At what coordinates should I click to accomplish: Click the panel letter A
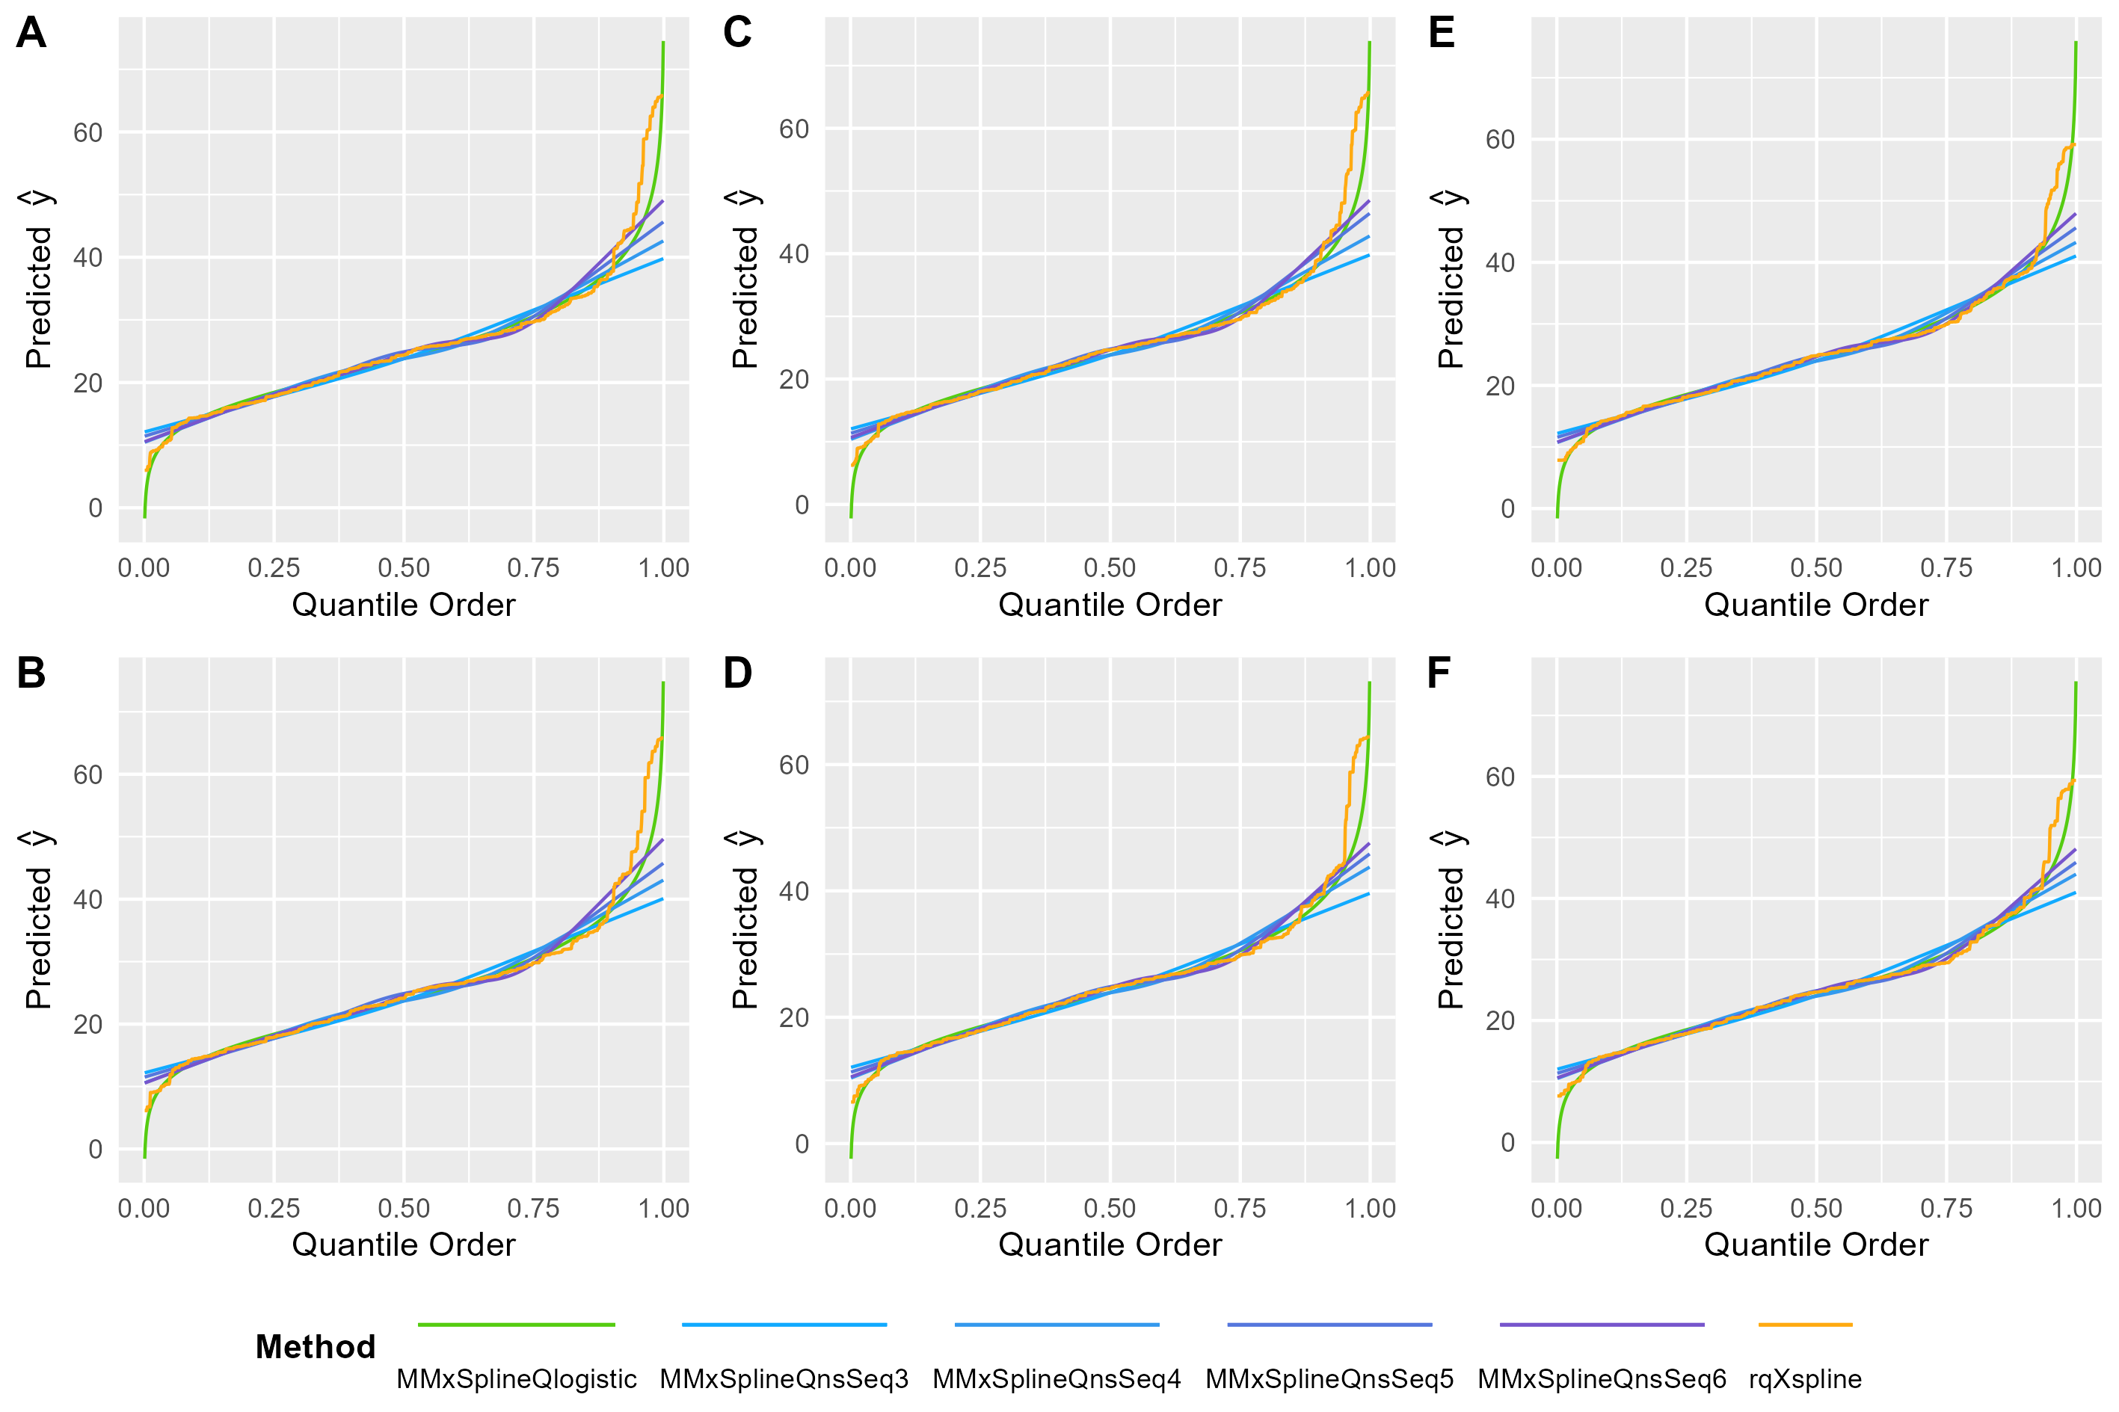31,34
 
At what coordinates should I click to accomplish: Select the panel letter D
736,673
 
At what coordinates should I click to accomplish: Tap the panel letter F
1439,673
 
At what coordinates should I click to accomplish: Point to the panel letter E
1441,34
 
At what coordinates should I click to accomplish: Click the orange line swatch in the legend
1805,1325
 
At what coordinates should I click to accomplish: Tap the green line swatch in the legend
516,1325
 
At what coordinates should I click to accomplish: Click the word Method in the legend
316,1347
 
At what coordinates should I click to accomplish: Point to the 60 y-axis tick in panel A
88,133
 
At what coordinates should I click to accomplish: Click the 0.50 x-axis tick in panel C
1110,568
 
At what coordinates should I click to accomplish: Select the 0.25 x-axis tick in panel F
1686,1209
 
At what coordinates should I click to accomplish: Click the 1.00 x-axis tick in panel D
1370,1209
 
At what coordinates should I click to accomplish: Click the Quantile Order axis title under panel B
404,1245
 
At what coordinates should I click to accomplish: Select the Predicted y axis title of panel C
745,279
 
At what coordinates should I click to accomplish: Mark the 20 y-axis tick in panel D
793,1019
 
